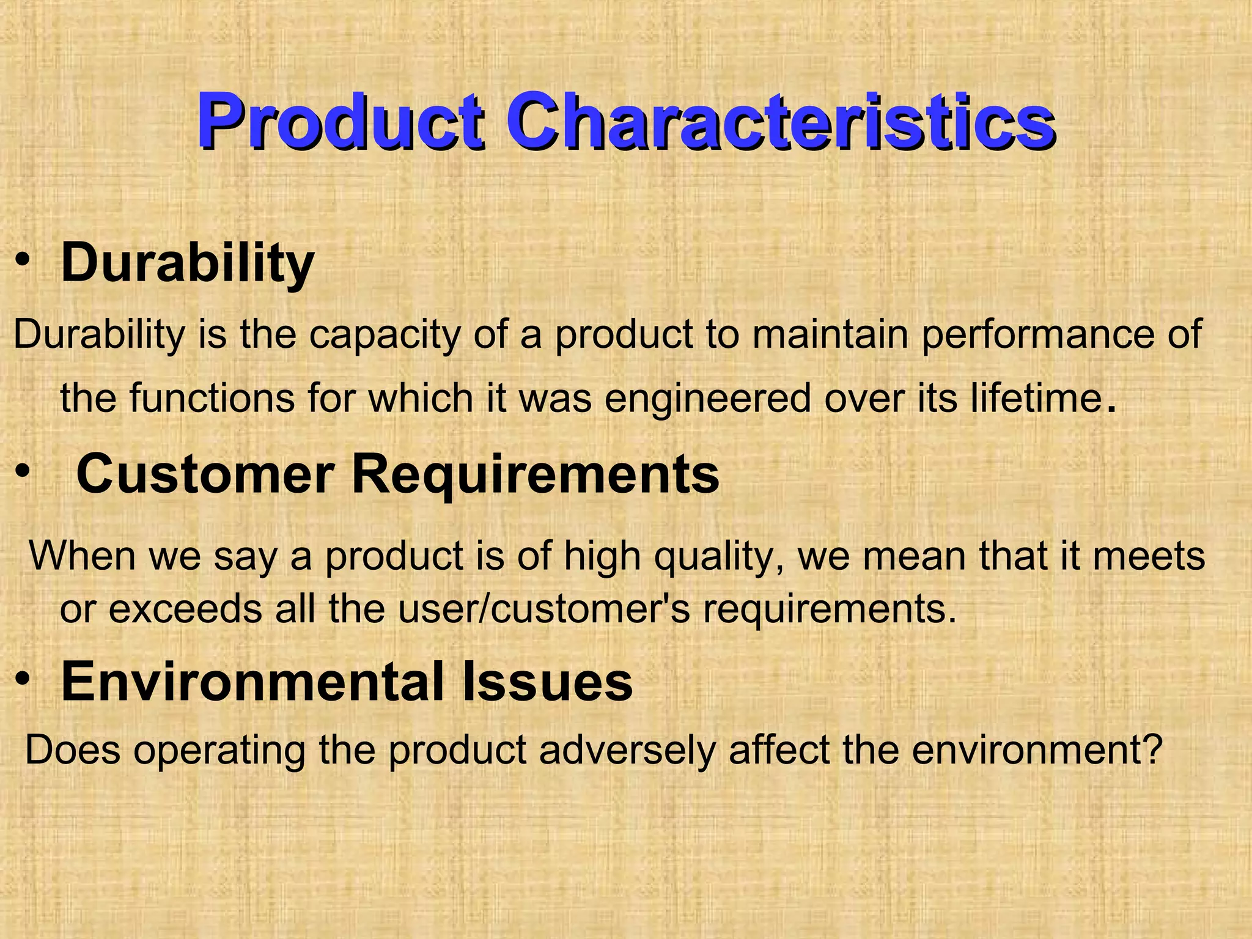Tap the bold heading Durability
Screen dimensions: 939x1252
(x=187, y=264)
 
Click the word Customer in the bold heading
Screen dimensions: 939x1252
(x=205, y=475)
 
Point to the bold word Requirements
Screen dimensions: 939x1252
(x=536, y=475)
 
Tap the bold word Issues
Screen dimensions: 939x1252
(x=547, y=682)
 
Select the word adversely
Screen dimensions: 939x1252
(x=627, y=750)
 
